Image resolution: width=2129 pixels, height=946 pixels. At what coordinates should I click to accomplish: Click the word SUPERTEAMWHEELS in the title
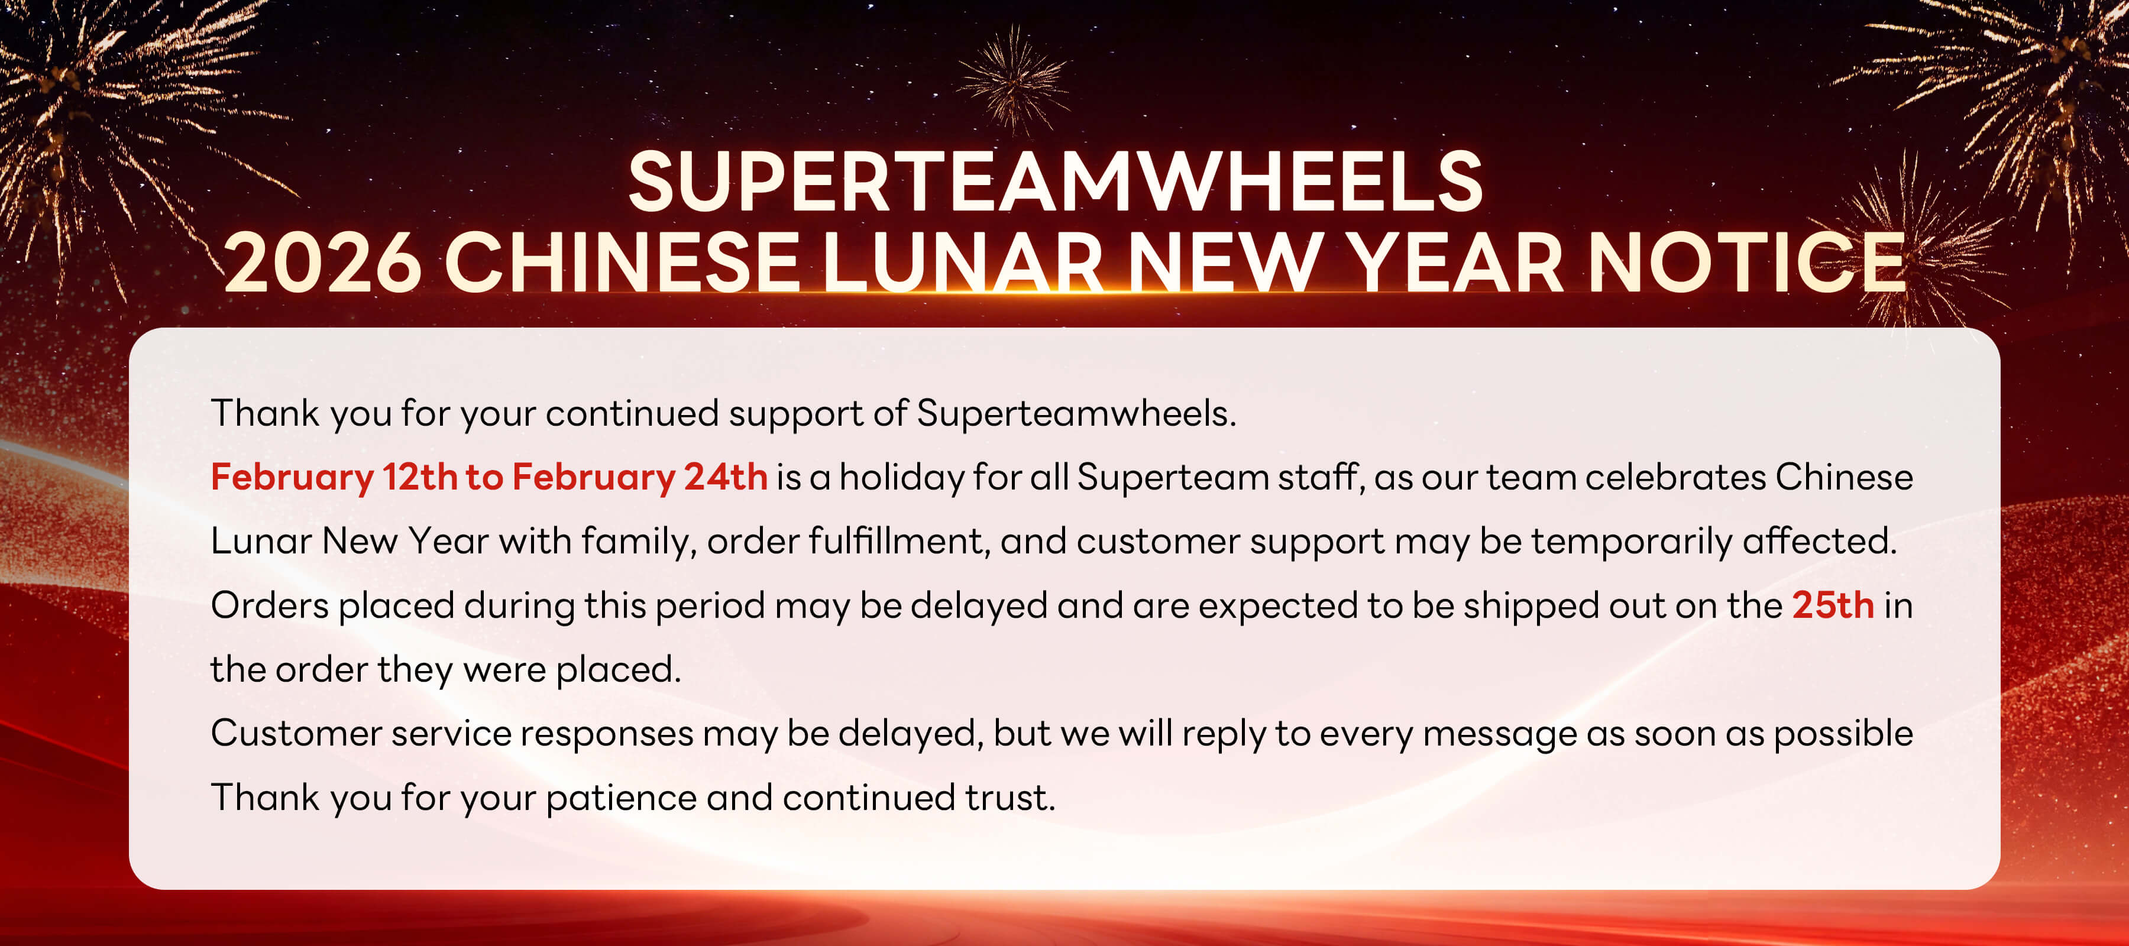pos(1056,182)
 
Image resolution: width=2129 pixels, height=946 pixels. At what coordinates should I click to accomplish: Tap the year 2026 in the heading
pos(323,263)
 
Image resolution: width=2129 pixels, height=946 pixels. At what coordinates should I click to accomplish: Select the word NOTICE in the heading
pos(1746,263)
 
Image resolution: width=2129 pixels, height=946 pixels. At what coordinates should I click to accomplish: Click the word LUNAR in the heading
pos(962,263)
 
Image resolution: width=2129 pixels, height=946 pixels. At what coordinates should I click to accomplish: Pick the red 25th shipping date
pos(1832,605)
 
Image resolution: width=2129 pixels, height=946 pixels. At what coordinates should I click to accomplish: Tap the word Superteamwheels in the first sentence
pos(1076,414)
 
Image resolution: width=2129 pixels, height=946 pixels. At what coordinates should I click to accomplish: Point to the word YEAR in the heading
pos(1455,263)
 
